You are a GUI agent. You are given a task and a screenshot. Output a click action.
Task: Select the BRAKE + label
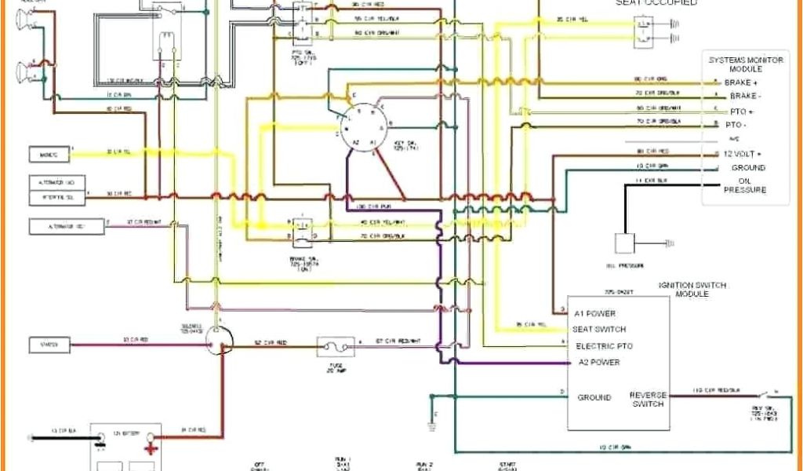coord(741,82)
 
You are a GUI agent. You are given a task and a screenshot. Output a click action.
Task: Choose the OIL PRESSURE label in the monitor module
coord(745,184)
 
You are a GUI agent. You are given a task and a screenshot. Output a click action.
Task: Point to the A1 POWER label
coord(595,313)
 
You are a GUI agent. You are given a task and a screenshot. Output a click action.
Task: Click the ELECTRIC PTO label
coord(604,346)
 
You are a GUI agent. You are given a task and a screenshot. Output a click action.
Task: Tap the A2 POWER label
coord(598,362)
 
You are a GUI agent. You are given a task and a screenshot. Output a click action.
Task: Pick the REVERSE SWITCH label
coord(648,400)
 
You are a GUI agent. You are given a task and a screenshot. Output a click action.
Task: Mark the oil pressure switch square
coord(625,243)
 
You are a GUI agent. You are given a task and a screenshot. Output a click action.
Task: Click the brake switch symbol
coord(303,227)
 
